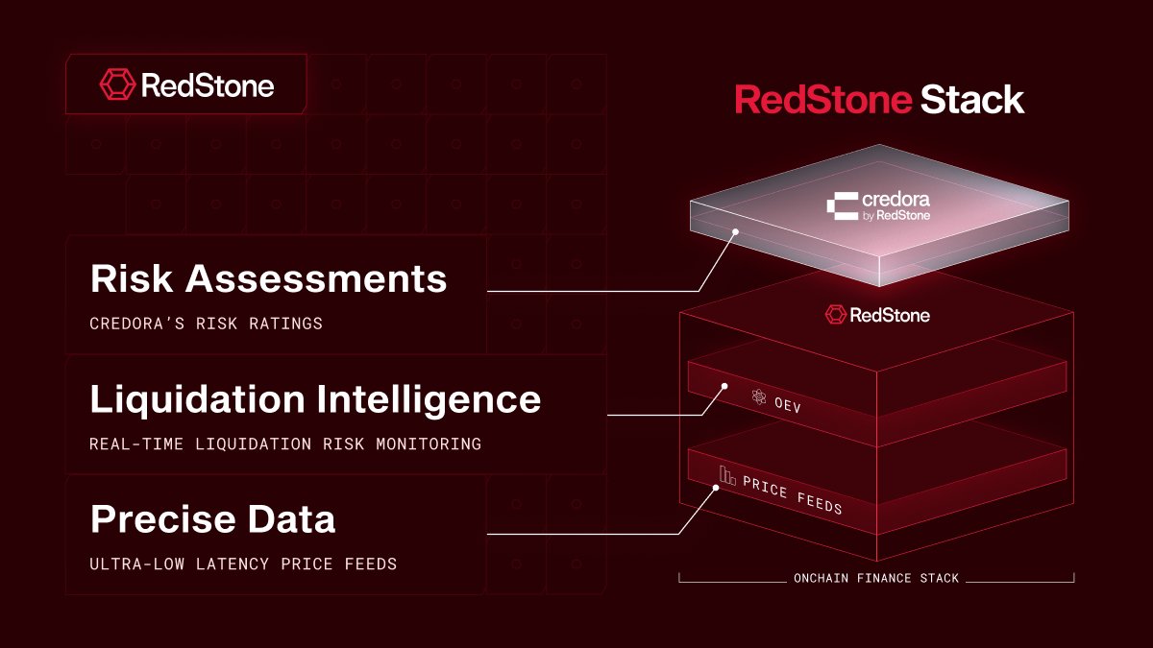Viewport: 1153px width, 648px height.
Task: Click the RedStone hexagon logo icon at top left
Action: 117,85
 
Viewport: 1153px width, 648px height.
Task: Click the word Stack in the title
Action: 972,100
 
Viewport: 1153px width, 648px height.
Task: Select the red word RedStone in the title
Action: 822,100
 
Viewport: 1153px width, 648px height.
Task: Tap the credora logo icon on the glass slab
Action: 843,207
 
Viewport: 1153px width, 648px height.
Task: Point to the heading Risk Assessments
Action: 268,278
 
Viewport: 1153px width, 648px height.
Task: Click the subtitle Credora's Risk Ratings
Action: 206,324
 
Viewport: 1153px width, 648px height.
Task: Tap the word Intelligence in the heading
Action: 425,399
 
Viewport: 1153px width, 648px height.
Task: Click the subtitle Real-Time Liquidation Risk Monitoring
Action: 284,444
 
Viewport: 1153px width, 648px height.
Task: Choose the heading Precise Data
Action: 212,519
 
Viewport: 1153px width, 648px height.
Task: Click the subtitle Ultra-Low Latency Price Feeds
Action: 242,564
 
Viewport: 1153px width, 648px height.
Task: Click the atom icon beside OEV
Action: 759,395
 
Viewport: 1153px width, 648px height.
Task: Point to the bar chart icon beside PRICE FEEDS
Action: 727,474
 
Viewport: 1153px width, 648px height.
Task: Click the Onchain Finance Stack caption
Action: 875,579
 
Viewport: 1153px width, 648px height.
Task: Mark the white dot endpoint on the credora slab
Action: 735,231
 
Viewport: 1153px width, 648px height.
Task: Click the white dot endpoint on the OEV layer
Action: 724,387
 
